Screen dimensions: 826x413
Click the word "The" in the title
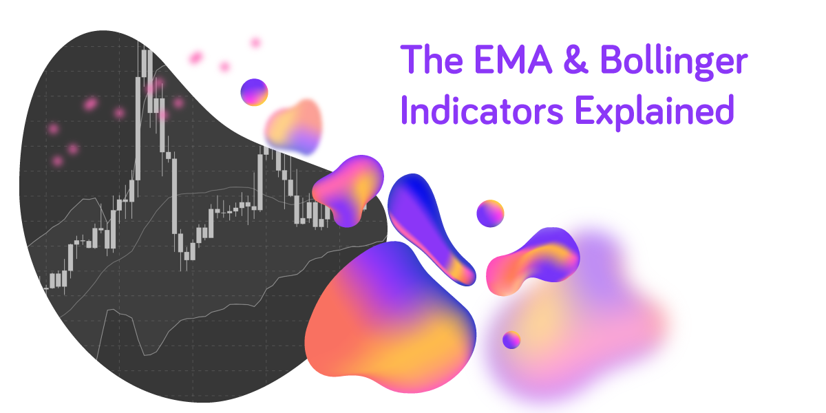(x=432, y=59)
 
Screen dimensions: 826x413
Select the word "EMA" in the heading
(x=513, y=59)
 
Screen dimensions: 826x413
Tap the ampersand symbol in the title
(x=575, y=59)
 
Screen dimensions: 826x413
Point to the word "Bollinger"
(x=674, y=62)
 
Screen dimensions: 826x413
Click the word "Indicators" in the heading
(x=482, y=110)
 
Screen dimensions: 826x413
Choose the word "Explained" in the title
(x=655, y=112)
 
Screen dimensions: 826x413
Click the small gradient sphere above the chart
(x=254, y=92)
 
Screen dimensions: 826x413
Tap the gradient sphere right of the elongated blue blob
(x=490, y=213)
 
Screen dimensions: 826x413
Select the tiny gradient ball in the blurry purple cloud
(x=511, y=339)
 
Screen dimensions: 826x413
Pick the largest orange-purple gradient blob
(x=391, y=317)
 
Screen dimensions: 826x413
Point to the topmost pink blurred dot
(x=255, y=43)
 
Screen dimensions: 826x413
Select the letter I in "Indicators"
(x=404, y=110)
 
